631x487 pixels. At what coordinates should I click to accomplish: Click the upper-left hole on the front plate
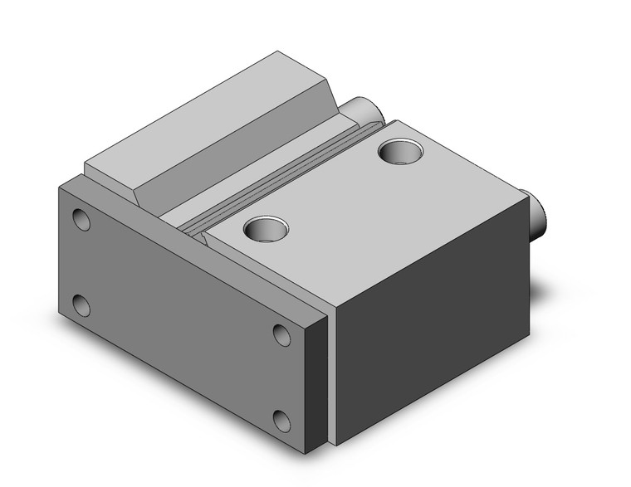pyautogui.click(x=81, y=219)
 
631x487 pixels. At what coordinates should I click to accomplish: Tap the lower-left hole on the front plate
pyautogui.click(x=81, y=305)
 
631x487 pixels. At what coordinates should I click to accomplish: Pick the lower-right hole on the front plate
pyautogui.click(x=283, y=421)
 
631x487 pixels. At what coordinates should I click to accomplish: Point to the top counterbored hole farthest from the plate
pyautogui.click(x=395, y=152)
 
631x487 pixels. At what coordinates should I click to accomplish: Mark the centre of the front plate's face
pyautogui.click(x=183, y=319)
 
